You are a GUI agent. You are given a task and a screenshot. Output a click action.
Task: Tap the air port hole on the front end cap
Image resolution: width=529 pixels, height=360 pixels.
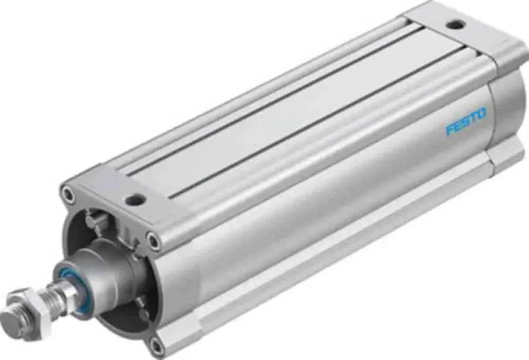pyautogui.click(x=135, y=200)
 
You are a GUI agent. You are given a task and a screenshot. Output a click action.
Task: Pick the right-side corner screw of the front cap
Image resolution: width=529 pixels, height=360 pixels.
pyautogui.click(x=153, y=242)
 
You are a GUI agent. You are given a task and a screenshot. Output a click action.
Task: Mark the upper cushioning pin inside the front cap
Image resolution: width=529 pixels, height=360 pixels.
pyautogui.click(x=93, y=217)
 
